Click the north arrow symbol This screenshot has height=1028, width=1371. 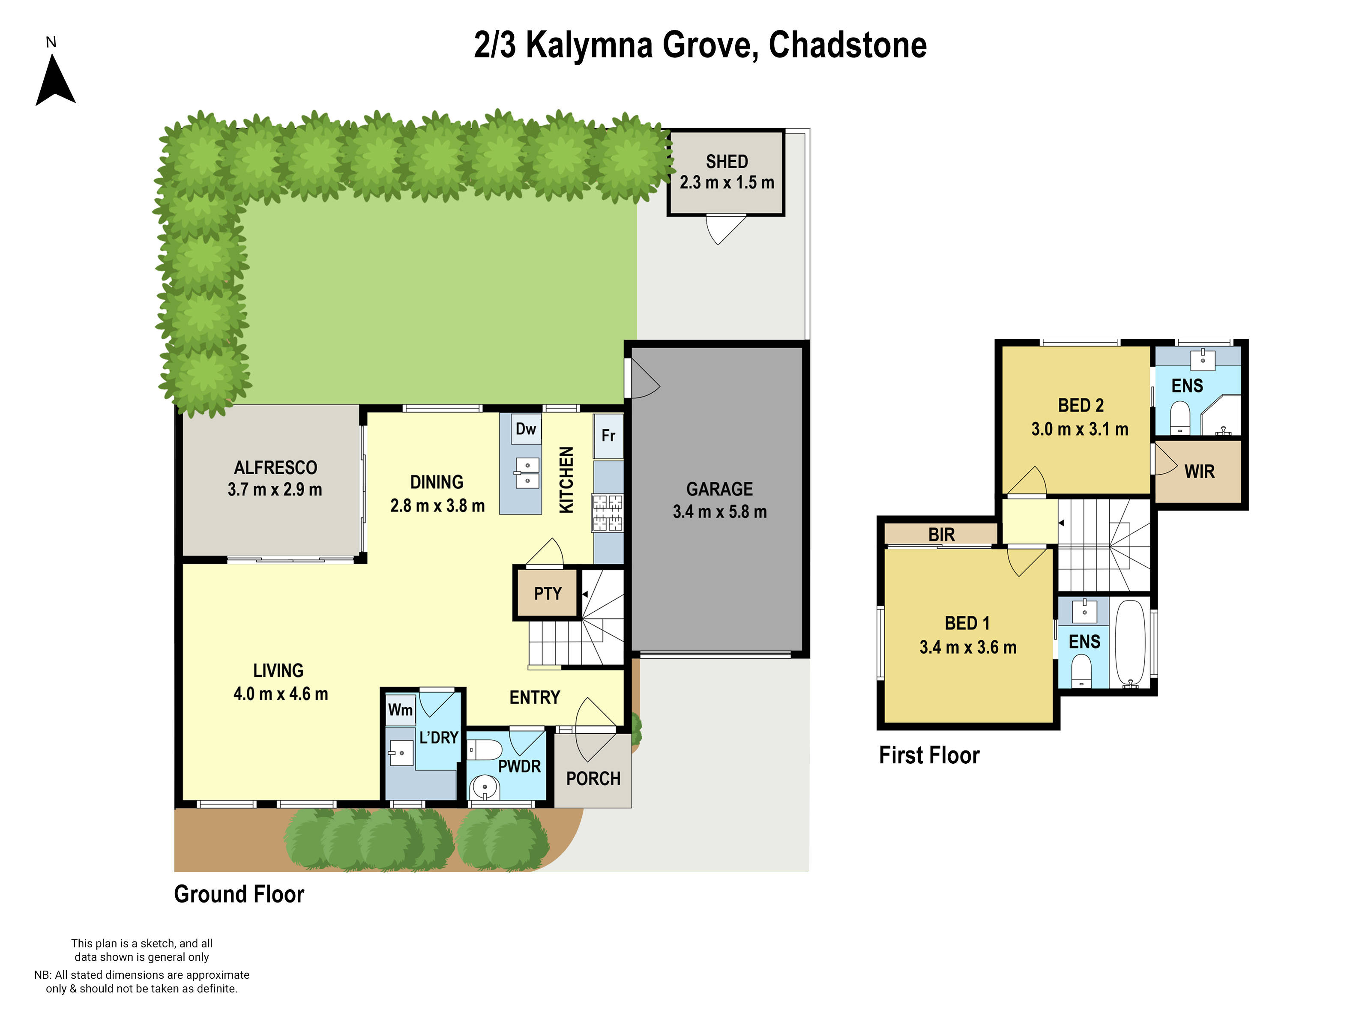(55, 79)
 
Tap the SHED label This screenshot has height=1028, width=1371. (726, 162)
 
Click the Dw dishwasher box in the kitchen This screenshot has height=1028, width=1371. (526, 429)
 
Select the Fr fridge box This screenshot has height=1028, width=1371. (608, 436)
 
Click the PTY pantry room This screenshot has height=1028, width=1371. (547, 594)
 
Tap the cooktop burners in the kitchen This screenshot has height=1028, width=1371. (608, 512)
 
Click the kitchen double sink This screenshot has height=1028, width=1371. (527, 473)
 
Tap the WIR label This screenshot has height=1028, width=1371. (1199, 472)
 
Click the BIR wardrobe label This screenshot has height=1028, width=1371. (941, 534)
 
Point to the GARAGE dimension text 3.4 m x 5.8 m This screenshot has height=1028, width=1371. (720, 512)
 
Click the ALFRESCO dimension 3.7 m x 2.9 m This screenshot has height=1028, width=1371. (275, 490)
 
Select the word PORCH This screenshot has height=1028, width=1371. (593, 779)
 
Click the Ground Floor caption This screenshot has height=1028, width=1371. (239, 894)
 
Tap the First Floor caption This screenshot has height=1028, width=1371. (929, 755)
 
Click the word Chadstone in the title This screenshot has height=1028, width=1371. (847, 45)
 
